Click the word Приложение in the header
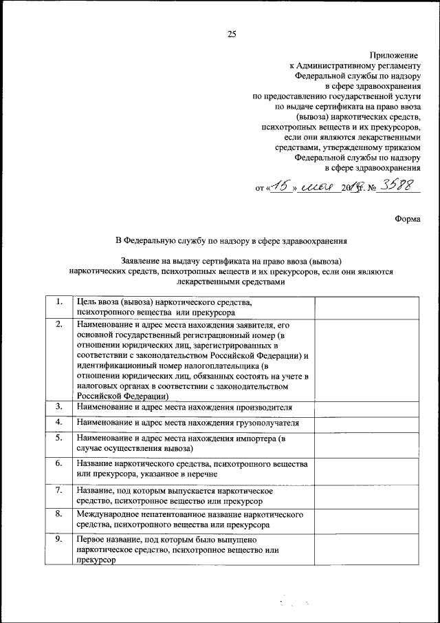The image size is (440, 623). (x=394, y=54)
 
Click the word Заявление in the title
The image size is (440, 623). (x=142, y=261)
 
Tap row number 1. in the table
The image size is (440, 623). (x=59, y=302)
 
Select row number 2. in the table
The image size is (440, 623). (x=59, y=323)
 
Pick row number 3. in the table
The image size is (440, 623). (x=59, y=407)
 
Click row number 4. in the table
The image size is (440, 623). (x=59, y=421)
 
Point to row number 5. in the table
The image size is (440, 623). (x=59, y=437)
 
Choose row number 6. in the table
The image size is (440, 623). (x=59, y=463)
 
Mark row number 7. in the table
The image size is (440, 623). (x=59, y=489)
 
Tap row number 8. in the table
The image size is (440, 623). (x=59, y=514)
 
